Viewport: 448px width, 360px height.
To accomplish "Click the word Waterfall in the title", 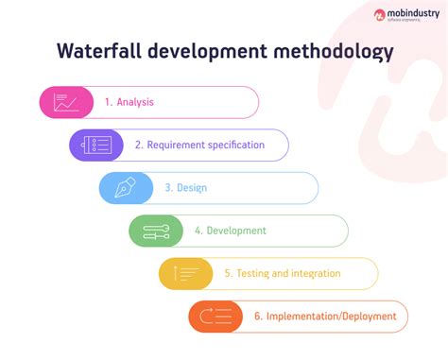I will point(102,50).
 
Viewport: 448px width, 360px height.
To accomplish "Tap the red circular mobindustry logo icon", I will point(381,14).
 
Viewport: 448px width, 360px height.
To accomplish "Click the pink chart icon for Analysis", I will point(66,102).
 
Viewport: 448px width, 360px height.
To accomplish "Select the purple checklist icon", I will point(96,145).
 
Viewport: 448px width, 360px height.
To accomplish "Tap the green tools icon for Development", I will point(156,231).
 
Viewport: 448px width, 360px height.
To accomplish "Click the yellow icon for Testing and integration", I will point(186,274).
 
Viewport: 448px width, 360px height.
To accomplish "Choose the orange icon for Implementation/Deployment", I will point(215,317).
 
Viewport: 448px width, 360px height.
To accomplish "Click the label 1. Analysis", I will point(129,102).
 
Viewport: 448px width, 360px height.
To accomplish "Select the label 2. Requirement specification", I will point(199,146).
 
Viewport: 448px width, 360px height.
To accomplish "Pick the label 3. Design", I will point(185,188).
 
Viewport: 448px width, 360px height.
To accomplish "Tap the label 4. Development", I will point(230,231).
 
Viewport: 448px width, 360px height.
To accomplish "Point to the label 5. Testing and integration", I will point(282,274).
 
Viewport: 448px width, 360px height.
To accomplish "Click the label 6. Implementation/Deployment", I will point(324,317).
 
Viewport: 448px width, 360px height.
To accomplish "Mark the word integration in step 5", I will point(315,274).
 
